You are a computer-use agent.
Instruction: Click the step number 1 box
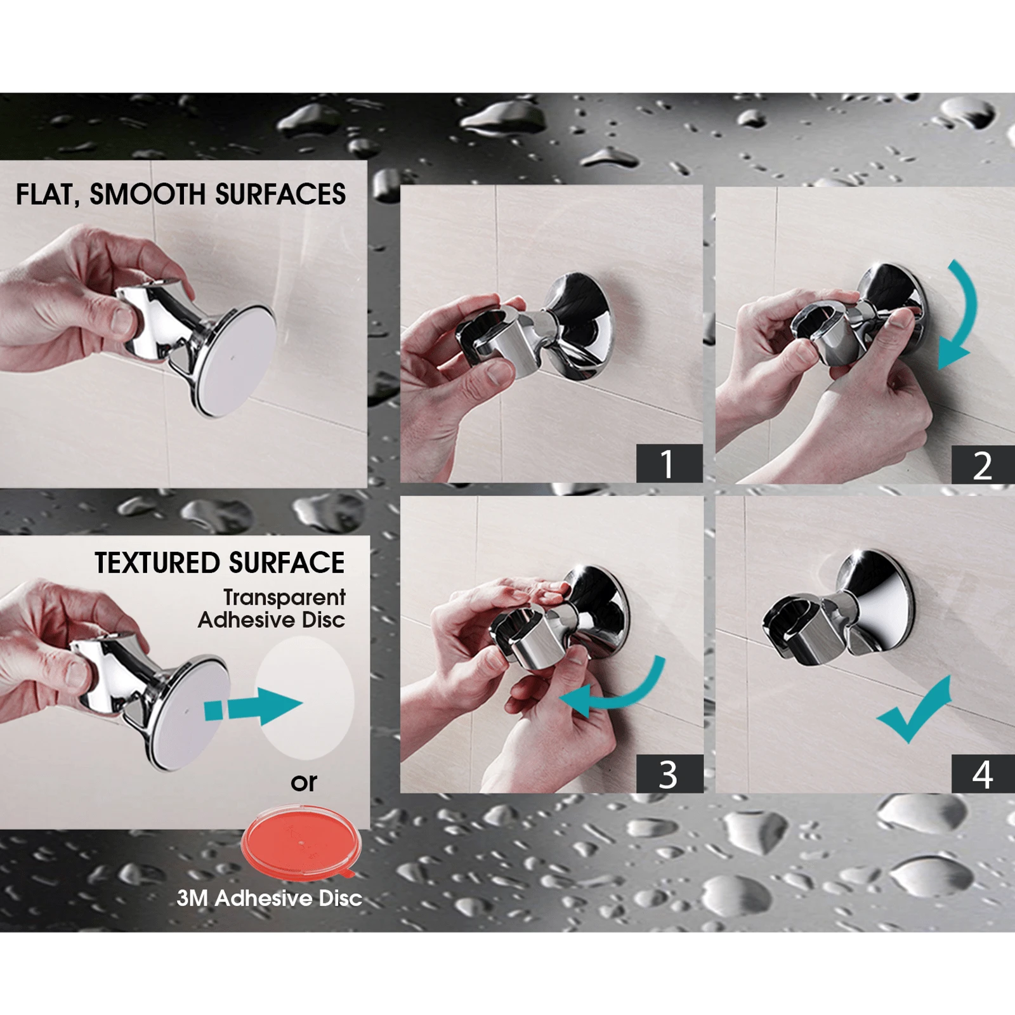click(669, 464)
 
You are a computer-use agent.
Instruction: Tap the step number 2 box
click(983, 465)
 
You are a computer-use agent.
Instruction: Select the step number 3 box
click(669, 774)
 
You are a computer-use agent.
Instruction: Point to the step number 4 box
click(983, 774)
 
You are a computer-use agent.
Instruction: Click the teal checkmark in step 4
click(914, 711)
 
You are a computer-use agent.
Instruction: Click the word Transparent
click(284, 598)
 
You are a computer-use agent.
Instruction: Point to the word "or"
click(304, 782)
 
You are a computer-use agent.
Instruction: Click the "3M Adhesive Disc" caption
click(269, 898)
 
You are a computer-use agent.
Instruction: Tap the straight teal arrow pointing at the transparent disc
click(254, 706)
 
